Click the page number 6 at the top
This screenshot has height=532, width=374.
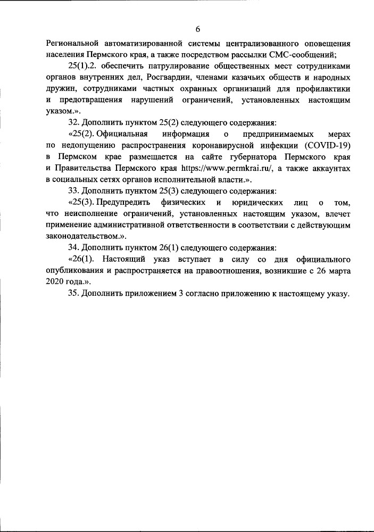(197, 29)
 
